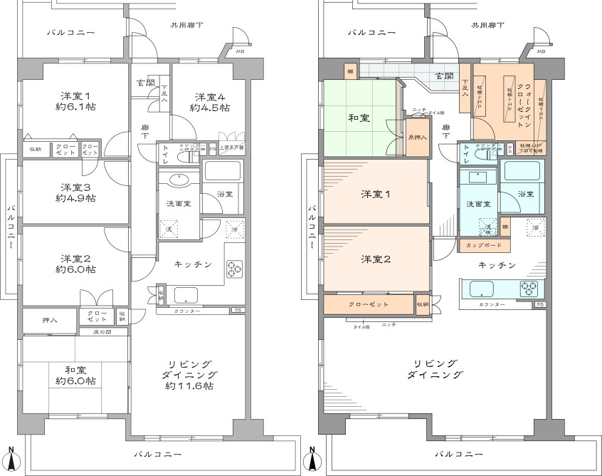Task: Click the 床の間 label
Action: [103, 333]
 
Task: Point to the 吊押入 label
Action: [417, 137]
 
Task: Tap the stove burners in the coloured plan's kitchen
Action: [527, 289]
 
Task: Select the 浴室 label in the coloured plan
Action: [525, 194]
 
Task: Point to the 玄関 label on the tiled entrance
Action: [445, 75]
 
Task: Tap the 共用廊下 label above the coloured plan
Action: [487, 26]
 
